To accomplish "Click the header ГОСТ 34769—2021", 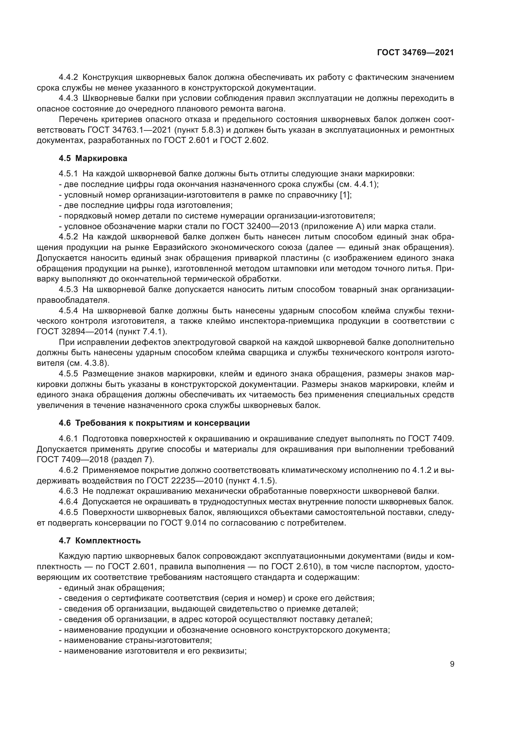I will tap(415, 53).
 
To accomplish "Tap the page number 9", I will tap(452, 664).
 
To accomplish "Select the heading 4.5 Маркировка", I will tap(93, 158).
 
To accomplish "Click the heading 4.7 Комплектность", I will tap(100, 541).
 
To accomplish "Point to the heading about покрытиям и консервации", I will tap(154, 423).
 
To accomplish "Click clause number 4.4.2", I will tap(68, 77).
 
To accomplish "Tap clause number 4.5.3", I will tap(68, 289).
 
